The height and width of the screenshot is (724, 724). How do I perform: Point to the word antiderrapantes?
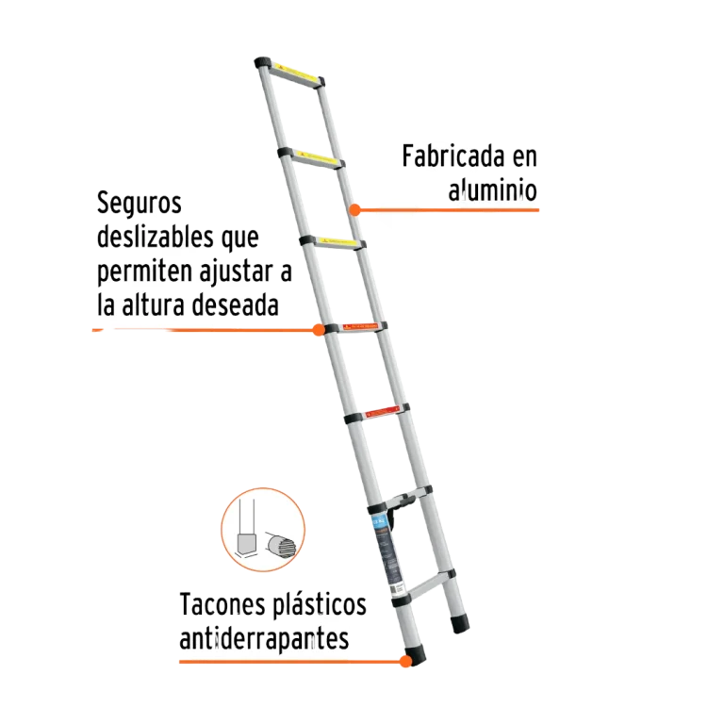point(265,639)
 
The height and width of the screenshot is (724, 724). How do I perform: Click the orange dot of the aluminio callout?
point(355,209)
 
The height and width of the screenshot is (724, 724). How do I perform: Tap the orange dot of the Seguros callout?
point(319,330)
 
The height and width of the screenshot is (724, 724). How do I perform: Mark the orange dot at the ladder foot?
point(405,662)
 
